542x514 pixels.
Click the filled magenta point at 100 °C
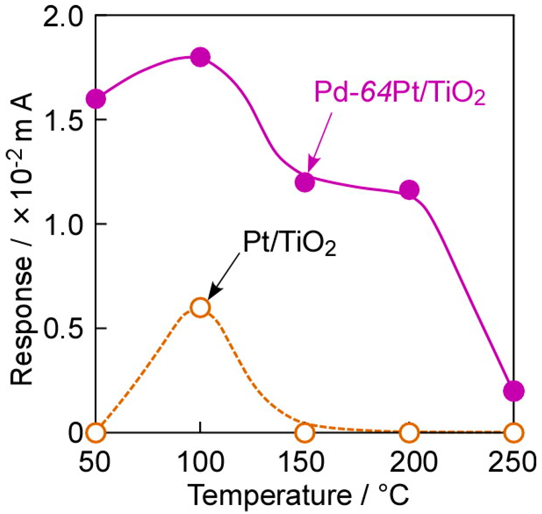click(x=200, y=57)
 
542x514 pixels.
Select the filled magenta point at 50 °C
click(x=96, y=99)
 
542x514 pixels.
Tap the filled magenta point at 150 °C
click(x=305, y=182)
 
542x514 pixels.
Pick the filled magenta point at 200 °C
click(x=409, y=190)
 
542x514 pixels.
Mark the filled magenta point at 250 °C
click(x=514, y=391)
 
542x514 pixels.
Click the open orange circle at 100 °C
click(x=200, y=308)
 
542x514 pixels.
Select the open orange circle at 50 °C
click(x=96, y=433)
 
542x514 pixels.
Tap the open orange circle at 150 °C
click(x=305, y=433)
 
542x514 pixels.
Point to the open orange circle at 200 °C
click(x=409, y=433)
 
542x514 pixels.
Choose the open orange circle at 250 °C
click(x=514, y=433)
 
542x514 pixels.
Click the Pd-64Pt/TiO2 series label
click(x=400, y=93)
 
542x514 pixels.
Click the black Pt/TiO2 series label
click(x=289, y=243)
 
